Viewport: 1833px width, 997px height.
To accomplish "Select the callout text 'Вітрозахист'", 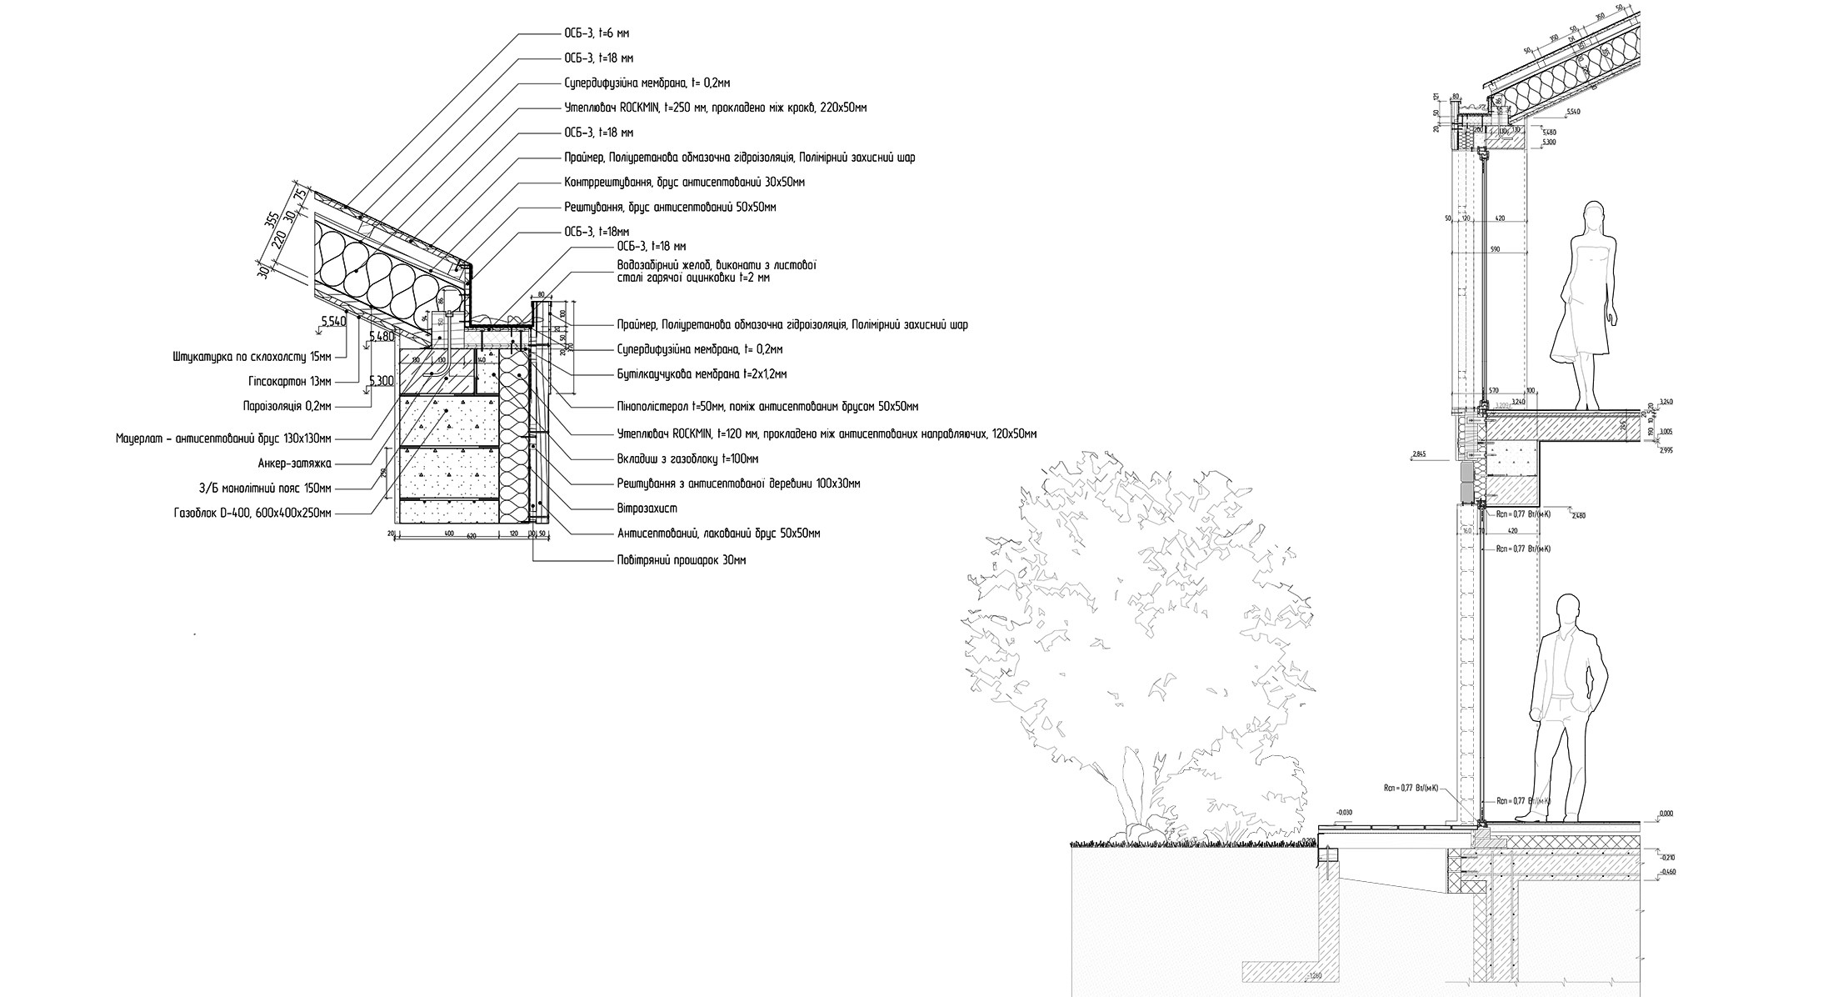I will (641, 508).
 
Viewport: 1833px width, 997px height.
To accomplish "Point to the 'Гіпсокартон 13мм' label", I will (289, 381).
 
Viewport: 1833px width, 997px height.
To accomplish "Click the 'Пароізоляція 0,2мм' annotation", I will (286, 406).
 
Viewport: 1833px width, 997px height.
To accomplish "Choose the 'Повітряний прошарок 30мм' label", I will (681, 560).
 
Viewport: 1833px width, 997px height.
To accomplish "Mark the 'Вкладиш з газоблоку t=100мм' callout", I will (687, 458).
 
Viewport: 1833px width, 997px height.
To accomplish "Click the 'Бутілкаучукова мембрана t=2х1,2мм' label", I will (702, 374).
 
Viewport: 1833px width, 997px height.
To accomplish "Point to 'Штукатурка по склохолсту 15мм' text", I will (252, 356).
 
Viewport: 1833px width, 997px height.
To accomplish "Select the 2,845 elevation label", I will (1419, 455).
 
